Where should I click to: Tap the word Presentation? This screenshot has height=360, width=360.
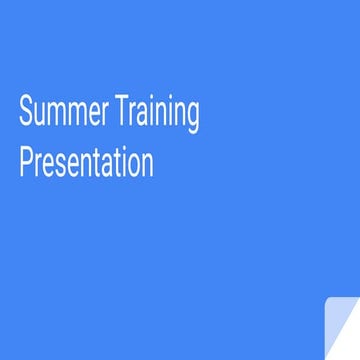point(86,162)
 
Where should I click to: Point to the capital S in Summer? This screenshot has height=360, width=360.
point(26,114)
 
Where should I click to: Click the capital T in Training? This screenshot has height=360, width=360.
point(122,114)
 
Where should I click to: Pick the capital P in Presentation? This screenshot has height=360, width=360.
point(26,162)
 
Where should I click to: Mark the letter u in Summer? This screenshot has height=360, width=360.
point(39,116)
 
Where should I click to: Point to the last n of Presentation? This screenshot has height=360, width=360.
point(147,164)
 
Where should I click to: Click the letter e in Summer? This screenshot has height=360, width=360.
point(94,116)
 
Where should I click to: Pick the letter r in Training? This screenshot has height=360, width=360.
point(133,116)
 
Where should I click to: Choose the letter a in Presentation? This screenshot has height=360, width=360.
point(106,164)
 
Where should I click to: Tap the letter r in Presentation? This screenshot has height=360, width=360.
point(38,164)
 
